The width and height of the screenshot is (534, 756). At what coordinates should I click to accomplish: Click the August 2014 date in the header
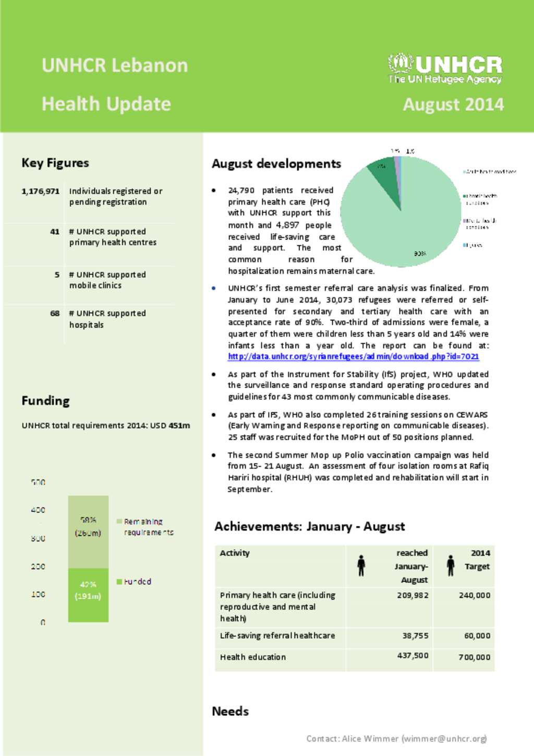click(453, 104)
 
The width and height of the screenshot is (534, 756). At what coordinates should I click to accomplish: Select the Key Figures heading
click(55, 163)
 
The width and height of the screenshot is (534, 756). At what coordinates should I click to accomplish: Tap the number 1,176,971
click(41, 191)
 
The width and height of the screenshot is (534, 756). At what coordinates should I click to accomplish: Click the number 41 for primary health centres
click(55, 232)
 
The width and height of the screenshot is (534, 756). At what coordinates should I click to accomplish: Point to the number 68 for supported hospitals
click(55, 314)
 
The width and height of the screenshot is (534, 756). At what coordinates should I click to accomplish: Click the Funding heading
click(45, 401)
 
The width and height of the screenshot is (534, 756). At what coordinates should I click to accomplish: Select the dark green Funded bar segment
click(88, 595)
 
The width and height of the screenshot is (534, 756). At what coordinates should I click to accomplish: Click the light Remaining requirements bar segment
click(88, 531)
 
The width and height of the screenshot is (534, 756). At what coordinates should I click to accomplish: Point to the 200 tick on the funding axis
click(38, 566)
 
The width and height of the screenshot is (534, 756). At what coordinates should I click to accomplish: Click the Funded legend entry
click(137, 581)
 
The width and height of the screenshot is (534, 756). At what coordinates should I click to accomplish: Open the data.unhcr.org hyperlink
click(353, 357)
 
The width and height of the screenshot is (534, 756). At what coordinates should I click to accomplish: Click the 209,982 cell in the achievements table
click(412, 595)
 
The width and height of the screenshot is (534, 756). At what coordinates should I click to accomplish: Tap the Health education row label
click(253, 657)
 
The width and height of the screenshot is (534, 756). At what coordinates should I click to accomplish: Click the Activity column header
click(235, 553)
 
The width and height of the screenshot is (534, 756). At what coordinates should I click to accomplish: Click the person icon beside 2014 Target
click(451, 566)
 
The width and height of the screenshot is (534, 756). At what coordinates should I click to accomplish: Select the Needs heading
click(230, 711)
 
